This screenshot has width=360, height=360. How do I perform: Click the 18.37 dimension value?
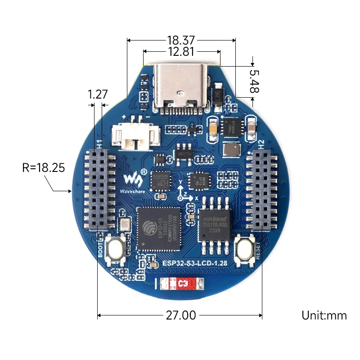pyautogui.click(x=181, y=40)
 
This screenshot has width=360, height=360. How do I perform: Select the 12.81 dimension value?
pyautogui.click(x=181, y=52)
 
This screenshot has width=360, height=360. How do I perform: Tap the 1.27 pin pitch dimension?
pyautogui.click(x=98, y=94)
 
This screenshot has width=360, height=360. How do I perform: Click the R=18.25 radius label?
pyautogui.click(x=44, y=168)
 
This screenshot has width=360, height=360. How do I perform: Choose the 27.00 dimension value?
pyautogui.click(x=180, y=315)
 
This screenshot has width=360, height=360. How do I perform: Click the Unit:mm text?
pyautogui.click(x=324, y=315)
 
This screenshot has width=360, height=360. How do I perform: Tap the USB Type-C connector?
pyautogui.click(x=182, y=85)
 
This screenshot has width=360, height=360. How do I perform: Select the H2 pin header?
pyautogui.click(x=263, y=189)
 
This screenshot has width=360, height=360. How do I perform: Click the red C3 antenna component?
pyautogui.click(x=180, y=284)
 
